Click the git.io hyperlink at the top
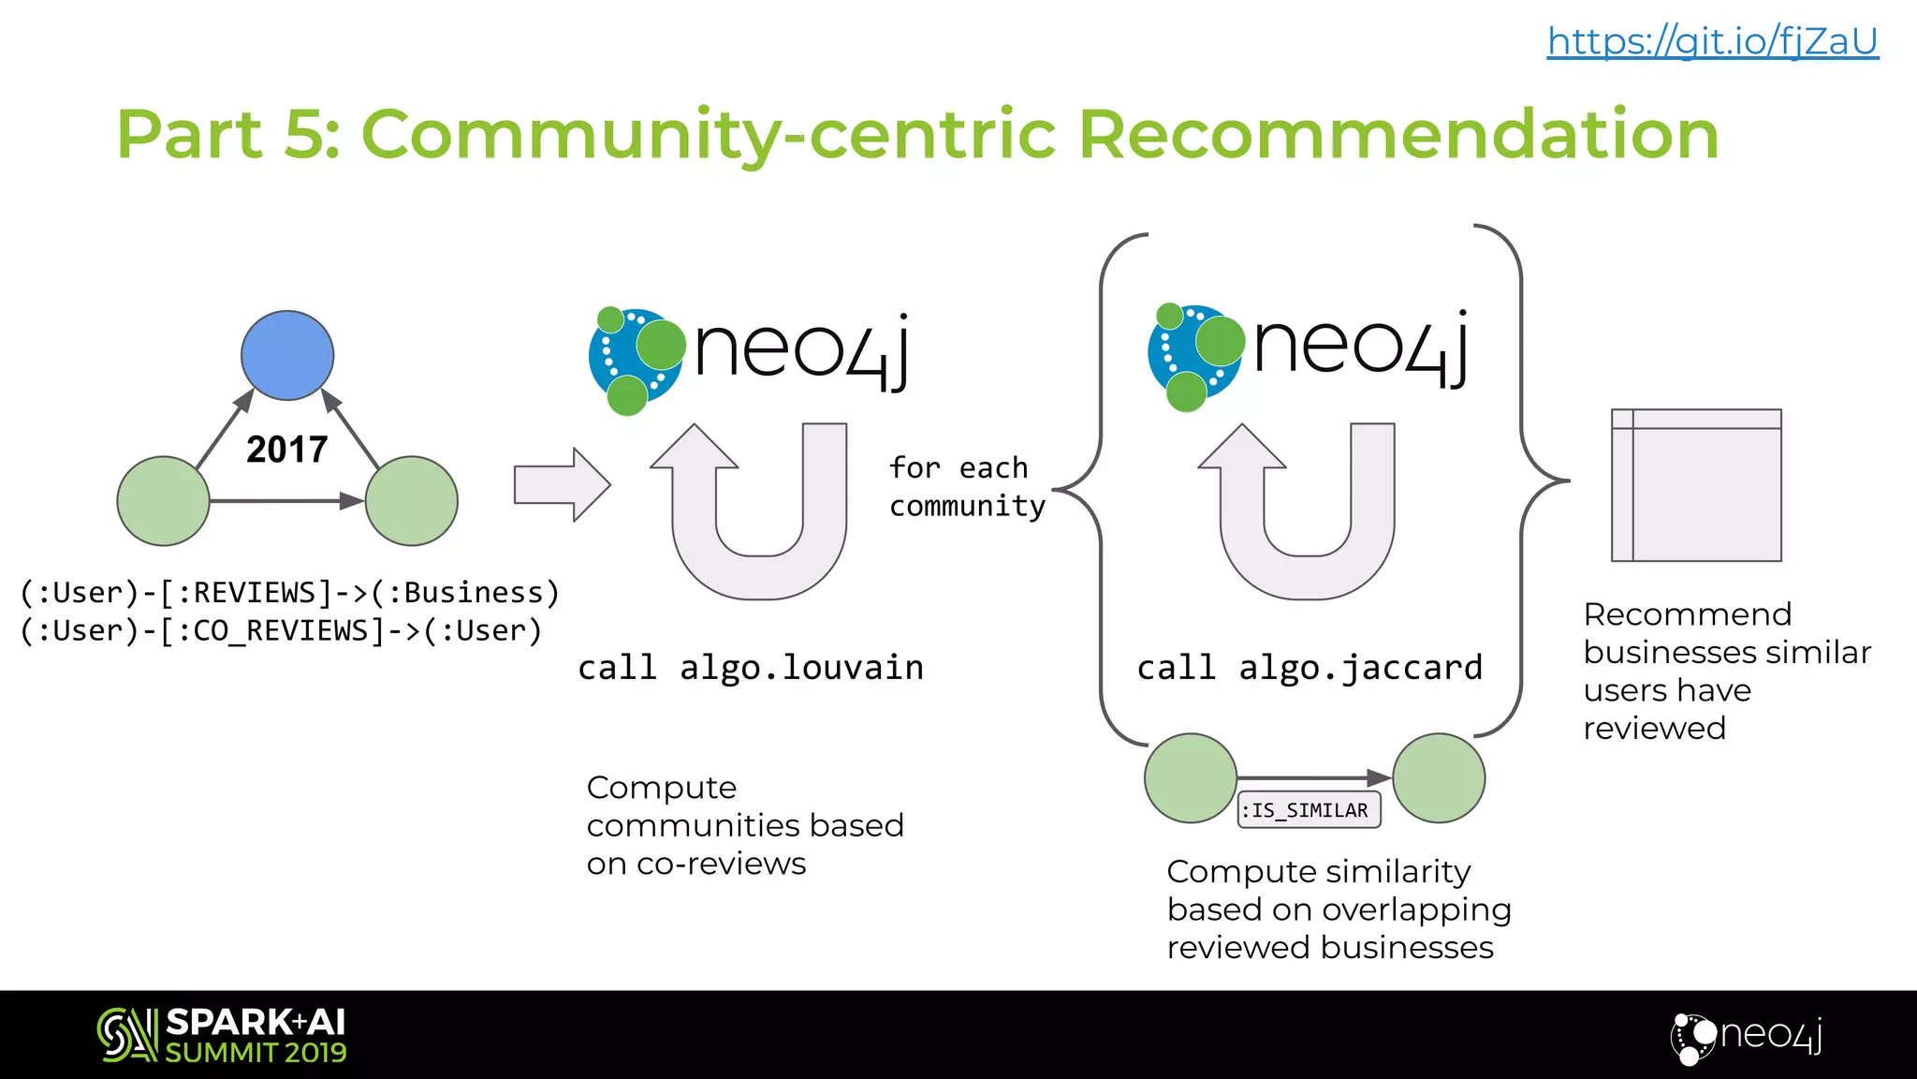point(1712,41)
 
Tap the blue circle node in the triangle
point(287,355)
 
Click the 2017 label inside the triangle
point(287,450)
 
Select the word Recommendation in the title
point(1398,134)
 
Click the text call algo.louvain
point(751,668)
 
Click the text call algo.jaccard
point(1310,668)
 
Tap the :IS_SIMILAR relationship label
point(1309,810)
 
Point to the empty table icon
point(1696,485)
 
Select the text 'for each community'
point(966,487)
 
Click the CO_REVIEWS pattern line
point(281,630)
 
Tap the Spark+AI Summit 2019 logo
point(223,1035)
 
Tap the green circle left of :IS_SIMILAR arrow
point(1191,778)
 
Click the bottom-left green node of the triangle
point(163,501)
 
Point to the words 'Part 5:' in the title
point(228,134)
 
